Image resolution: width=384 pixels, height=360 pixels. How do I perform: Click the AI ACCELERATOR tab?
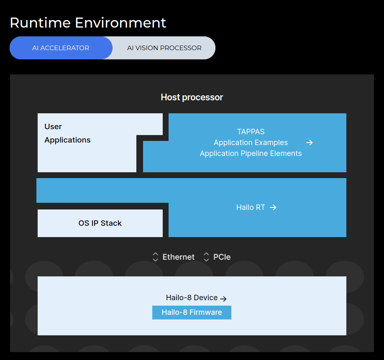(61, 48)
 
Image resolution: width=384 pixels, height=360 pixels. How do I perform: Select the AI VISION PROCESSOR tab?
(164, 48)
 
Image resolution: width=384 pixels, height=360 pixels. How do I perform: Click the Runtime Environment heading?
(88, 23)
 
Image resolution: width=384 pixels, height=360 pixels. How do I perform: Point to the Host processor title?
(192, 97)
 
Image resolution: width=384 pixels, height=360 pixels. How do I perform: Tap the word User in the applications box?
(53, 127)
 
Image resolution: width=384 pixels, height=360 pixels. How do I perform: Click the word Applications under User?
(67, 140)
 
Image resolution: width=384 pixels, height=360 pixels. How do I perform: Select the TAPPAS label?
(251, 132)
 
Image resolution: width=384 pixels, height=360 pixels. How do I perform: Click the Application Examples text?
(251, 143)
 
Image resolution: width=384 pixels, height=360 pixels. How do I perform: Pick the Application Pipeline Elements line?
(251, 153)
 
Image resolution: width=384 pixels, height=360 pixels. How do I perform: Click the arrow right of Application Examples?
(310, 143)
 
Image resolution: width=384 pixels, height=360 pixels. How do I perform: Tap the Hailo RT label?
(251, 207)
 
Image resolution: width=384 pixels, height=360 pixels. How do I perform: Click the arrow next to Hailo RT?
(273, 207)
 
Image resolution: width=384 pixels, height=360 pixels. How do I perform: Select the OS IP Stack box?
(100, 223)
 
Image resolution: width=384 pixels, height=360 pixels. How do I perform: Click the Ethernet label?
(179, 257)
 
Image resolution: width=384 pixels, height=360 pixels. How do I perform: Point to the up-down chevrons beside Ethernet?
(155, 257)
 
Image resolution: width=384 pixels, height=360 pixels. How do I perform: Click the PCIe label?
(222, 257)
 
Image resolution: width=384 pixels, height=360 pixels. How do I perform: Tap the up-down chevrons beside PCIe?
(206, 257)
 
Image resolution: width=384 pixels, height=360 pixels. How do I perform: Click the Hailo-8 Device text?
(192, 298)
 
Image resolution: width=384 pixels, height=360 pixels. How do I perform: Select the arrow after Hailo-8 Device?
(223, 299)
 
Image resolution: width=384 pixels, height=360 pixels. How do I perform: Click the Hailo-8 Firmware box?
(192, 312)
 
